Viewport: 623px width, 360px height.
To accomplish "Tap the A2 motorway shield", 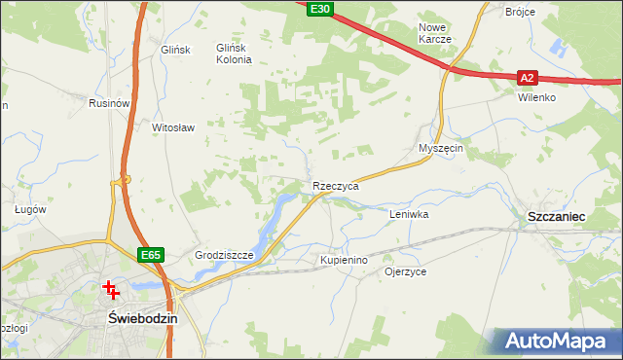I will click(527, 77).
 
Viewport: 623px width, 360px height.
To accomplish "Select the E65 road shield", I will click(150, 255).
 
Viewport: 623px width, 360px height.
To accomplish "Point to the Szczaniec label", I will click(555, 217).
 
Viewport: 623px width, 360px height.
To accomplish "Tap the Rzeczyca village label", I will click(336, 185).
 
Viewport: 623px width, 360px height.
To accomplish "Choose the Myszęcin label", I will click(439, 148).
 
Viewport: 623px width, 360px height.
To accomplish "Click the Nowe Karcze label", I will click(434, 33).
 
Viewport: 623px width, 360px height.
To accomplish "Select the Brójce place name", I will click(522, 12).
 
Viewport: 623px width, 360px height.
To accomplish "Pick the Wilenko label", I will click(536, 98).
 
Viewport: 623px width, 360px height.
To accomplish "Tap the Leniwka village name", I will click(409, 213).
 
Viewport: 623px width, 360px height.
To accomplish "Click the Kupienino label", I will click(344, 261).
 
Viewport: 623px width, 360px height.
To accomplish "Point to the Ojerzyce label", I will click(405, 272).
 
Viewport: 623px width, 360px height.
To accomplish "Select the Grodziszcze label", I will click(224, 256).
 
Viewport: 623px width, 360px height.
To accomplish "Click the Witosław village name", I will click(174, 127).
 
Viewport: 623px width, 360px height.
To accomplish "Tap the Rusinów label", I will click(109, 103).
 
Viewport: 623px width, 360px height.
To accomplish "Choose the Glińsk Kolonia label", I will click(234, 54).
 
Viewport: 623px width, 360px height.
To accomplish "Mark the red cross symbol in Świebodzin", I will click(110, 289).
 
